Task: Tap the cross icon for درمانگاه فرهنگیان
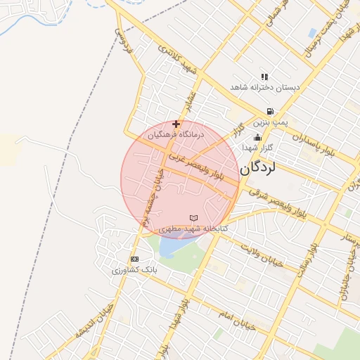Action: click(x=176, y=124)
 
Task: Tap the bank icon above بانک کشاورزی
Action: click(x=135, y=259)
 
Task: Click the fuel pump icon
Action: click(x=270, y=112)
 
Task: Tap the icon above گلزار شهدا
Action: click(x=258, y=138)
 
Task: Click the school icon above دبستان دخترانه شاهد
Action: click(x=264, y=77)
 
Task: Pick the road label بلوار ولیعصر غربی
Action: click(x=200, y=169)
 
